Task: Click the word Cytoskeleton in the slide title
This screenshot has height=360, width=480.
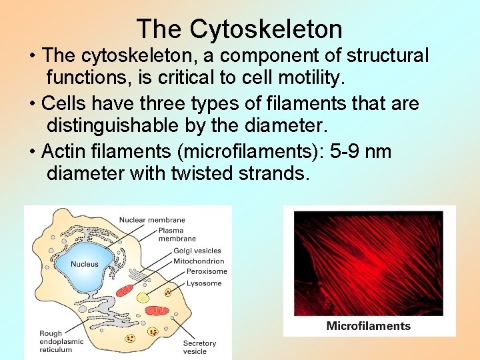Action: pos(265,29)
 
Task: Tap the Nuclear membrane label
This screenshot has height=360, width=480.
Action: pos(152,220)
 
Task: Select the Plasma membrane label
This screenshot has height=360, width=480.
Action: pos(177,235)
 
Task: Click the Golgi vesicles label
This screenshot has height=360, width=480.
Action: pos(197,251)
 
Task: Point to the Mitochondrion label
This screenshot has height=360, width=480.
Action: pos(199,261)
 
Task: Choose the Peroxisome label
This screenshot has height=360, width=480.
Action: pos(207,271)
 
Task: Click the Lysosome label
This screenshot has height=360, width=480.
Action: pos(204,283)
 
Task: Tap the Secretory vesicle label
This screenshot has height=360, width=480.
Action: pos(199,347)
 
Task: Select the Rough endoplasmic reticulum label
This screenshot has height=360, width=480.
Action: pos(61,341)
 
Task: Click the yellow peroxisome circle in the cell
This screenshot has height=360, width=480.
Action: pos(143,297)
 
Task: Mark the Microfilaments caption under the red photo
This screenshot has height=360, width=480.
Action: pos(368,326)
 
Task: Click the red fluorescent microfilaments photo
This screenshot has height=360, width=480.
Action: pos(368,263)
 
